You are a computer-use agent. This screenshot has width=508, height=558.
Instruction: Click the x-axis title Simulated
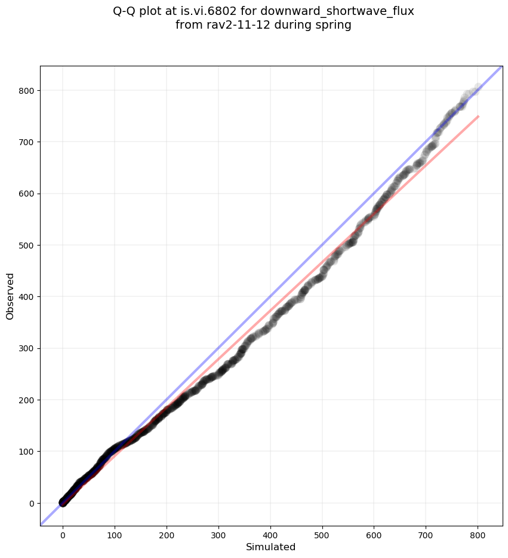[270, 547]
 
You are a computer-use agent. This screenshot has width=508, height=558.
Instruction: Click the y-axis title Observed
[10, 296]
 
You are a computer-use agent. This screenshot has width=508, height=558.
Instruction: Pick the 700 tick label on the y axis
[26, 142]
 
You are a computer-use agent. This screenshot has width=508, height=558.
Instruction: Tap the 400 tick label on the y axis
[26, 297]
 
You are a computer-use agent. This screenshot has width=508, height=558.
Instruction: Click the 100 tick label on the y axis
[26, 452]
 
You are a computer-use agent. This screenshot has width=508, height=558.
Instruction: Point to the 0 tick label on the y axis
[30, 503]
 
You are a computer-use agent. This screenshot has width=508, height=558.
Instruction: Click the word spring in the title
[332, 25]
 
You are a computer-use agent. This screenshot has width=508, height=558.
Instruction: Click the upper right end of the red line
[478, 116]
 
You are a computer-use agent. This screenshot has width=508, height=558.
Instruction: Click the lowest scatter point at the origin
[63, 504]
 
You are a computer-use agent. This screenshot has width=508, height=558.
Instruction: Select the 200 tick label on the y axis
[26, 400]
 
